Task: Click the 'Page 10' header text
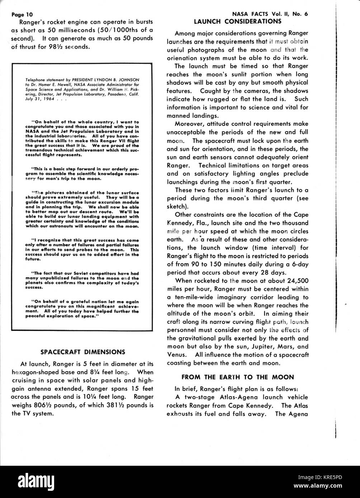[22, 15]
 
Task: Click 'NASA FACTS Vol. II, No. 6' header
[270, 14]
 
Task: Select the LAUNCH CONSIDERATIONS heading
[238, 21]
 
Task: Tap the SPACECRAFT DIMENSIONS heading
[82, 351]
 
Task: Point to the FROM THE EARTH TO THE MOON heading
[238, 377]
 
